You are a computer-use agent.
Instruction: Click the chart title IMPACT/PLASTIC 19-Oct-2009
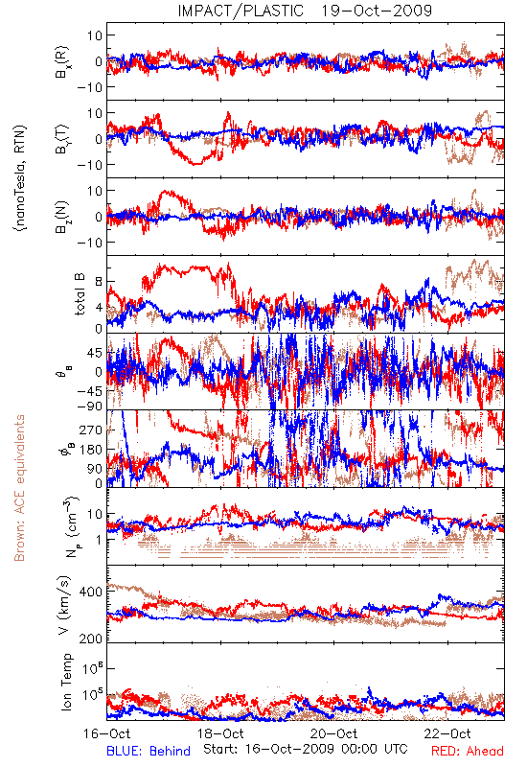click(x=305, y=11)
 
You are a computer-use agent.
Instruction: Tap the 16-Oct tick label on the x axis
click(x=107, y=733)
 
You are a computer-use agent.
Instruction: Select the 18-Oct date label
click(x=220, y=733)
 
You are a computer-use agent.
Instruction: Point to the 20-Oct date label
click(x=333, y=733)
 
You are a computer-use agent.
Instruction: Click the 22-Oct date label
click(x=447, y=733)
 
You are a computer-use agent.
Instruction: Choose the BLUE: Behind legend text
click(x=149, y=751)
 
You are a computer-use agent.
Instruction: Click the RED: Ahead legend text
click(x=468, y=751)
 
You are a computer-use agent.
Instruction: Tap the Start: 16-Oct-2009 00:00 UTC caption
click(x=306, y=749)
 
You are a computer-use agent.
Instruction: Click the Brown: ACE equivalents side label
click(x=19, y=488)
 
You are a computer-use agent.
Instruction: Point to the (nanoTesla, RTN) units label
click(x=20, y=178)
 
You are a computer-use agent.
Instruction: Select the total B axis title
click(x=80, y=294)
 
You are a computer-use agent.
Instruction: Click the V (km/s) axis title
click(x=65, y=606)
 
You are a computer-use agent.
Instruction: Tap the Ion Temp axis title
click(x=66, y=682)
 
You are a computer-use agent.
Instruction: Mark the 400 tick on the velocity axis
click(x=91, y=592)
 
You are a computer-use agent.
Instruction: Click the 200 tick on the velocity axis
click(x=91, y=639)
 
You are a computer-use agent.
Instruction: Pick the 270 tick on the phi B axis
click(x=91, y=430)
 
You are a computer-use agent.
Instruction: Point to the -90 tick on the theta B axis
click(x=89, y=406)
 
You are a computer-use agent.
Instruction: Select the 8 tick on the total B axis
click(x=99, y=282)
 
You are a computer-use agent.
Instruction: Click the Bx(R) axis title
click(x=61, y=62)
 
